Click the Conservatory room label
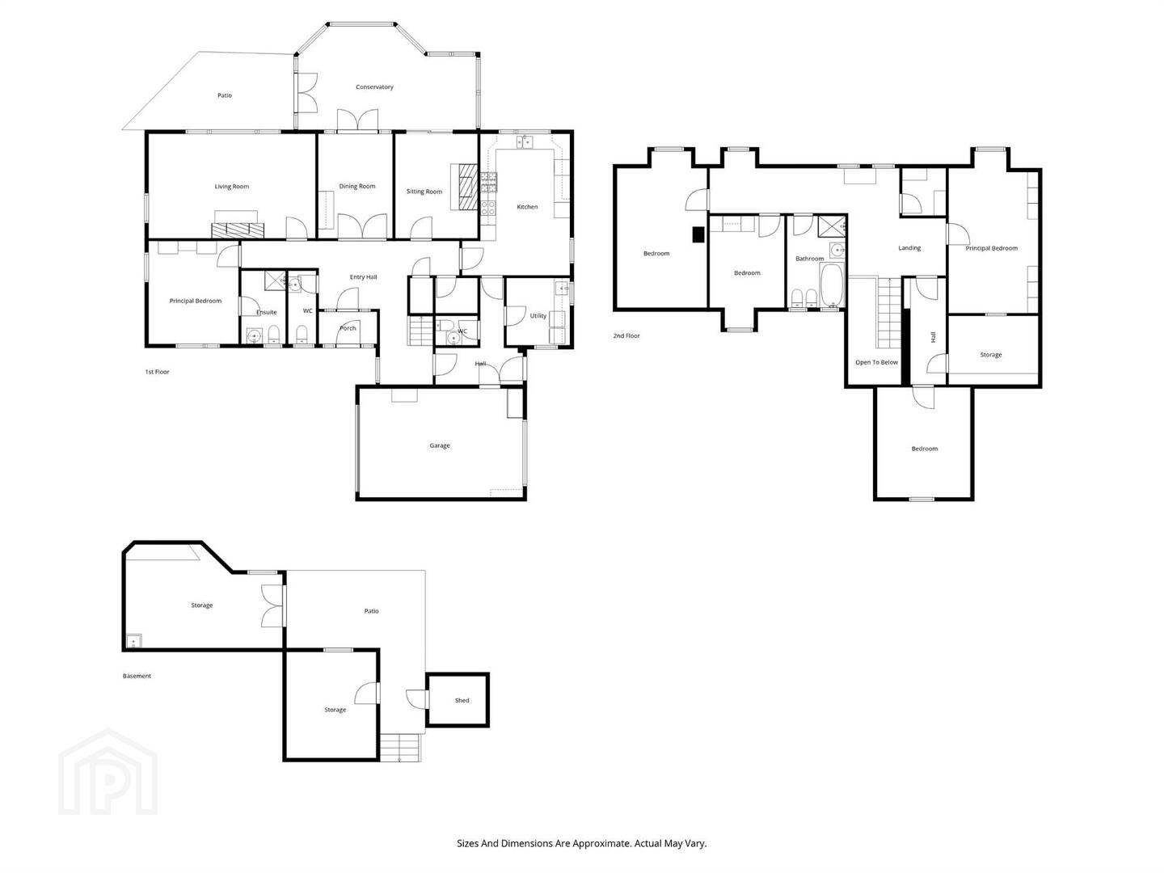[374, 87]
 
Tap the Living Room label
[232, 187]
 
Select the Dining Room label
[357, 186]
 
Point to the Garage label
[440, 445]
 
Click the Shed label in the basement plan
[462, 700]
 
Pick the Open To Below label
[876, 363]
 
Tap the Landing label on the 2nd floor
[909, 248]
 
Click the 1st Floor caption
[158, 372]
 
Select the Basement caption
[137, 676]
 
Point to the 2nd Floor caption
[626, 335]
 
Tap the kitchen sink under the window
[525, 142]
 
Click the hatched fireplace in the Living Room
[238, 230]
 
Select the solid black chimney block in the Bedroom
[698, 234]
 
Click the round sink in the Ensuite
[255, 336]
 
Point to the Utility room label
[538, 316]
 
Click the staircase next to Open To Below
[888, 312]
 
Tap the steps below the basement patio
[400, 748]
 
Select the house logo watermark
[108, 772]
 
